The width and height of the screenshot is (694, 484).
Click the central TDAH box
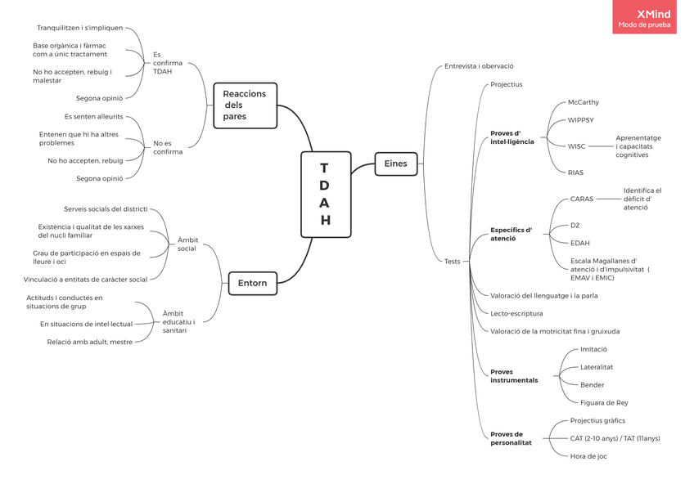(x=326, y=194)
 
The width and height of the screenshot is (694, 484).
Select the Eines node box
(x=395, y=164)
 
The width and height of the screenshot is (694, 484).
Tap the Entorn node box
(x=252, y=283)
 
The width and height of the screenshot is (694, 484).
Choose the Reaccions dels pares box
(x=245, y=105)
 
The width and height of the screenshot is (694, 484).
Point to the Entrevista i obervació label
(x=479, y=66)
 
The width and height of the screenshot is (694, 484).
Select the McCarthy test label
(x=583, y=103)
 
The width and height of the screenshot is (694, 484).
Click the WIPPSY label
(x=581, y=120)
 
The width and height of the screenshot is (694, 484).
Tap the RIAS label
(x=575, y=173)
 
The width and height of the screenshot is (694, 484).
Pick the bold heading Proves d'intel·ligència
(x=511, y=137)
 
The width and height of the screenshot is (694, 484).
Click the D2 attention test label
(x=575, y=225)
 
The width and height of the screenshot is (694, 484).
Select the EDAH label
(x=579, y=243)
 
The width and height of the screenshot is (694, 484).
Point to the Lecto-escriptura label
(x=516, y=314)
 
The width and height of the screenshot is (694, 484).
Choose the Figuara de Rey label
(x=604, y=403)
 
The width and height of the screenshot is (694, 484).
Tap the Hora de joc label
(x=588, y=456)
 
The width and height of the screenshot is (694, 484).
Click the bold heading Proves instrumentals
(x=514, y=376)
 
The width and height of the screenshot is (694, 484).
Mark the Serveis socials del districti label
(x=106, y=209)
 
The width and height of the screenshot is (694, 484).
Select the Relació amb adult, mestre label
(x=89, y=342)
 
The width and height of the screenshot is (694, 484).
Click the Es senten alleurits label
(x=93, y=117)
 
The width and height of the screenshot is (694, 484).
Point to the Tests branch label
(x=452, y=262)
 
